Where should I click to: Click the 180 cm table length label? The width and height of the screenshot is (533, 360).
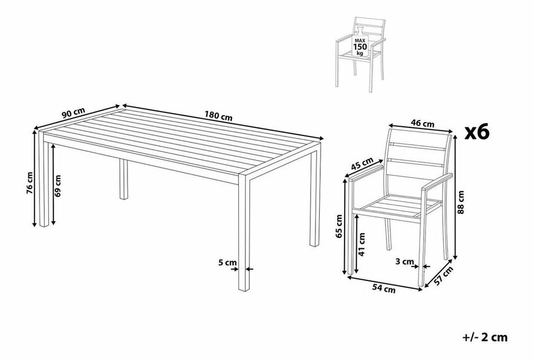pos(219,116)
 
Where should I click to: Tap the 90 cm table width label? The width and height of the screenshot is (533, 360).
pos(73,113)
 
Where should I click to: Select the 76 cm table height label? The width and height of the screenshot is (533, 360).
pos(30,183)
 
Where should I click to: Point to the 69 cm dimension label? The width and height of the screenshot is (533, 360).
pos(58,186)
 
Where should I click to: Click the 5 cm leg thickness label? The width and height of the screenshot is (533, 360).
pos(227,263)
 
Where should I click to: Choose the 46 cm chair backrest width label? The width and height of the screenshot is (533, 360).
pos(423,123)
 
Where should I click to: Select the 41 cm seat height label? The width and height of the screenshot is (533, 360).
pos(362,244)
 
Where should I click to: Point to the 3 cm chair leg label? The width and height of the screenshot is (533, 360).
pos(405,262)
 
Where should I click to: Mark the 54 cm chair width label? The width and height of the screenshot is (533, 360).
pos(384,288)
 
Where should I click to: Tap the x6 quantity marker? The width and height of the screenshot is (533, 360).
pos(477,133)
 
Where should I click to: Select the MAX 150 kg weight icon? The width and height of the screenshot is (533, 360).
pos(360,42)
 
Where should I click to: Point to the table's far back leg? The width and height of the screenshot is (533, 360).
pos(124,179)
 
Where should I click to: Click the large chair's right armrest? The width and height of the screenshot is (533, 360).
pos(437,181)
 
